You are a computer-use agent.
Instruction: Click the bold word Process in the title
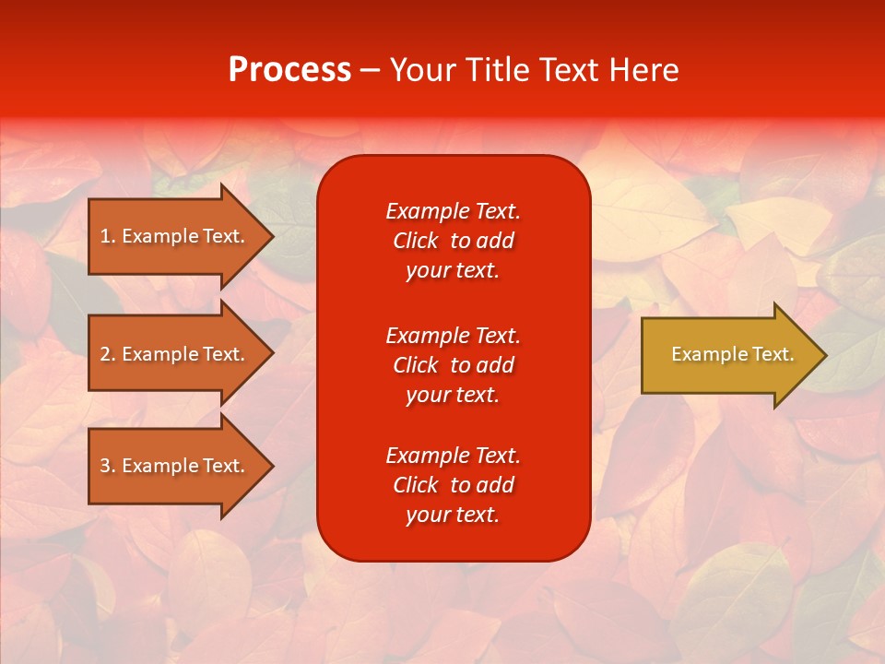pos(289,70)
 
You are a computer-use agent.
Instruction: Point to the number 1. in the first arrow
pos(108,236)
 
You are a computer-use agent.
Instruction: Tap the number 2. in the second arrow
pos(108,354)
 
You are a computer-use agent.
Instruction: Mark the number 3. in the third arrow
pos(108,466)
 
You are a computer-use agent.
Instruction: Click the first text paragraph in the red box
pos(453,241)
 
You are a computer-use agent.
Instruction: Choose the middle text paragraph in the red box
pos(453,365)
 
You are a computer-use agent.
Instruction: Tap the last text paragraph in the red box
pos(453,485)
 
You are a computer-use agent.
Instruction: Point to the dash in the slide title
pos(370,70)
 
